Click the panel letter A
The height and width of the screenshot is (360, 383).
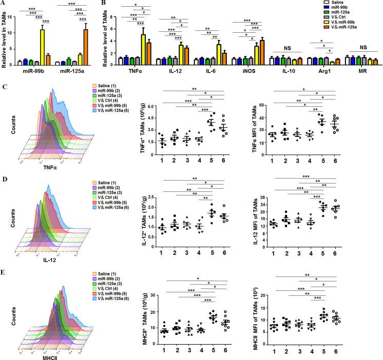click(x=4, y=4)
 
